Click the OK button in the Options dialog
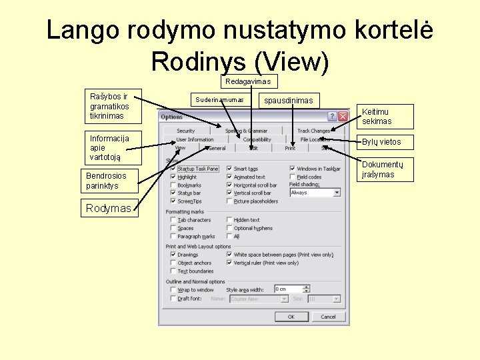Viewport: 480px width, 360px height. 291,317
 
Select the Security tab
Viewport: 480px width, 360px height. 186,131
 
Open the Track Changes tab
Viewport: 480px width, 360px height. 313,131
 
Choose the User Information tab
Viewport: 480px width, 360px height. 195,139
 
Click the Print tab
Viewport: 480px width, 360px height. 290,148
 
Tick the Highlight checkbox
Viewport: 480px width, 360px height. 173,177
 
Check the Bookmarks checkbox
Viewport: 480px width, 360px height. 173,185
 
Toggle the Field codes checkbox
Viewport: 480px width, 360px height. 293,177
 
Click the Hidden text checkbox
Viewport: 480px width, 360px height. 230,220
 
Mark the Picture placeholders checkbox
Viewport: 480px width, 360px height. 230,201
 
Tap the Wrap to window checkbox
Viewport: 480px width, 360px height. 173,290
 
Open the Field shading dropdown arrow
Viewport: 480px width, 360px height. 337,193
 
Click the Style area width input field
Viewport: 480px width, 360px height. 287,289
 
